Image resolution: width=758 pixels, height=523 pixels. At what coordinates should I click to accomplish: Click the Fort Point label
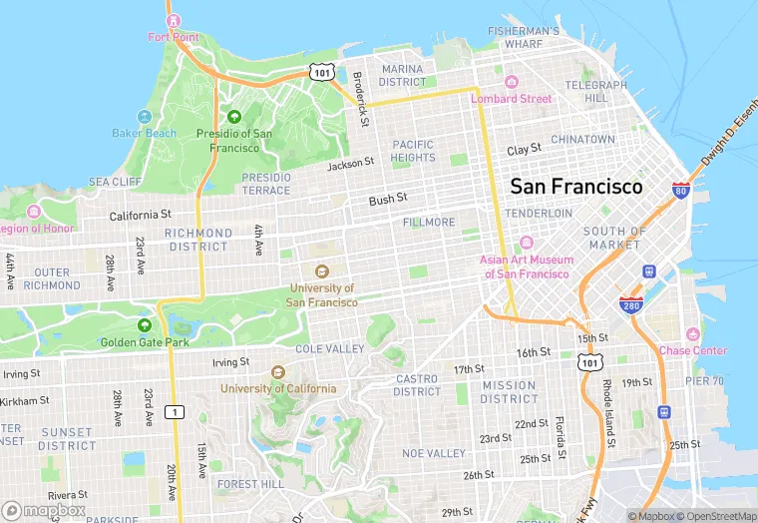pos(173,37)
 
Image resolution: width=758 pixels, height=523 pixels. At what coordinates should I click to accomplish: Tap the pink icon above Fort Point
pos(173,20)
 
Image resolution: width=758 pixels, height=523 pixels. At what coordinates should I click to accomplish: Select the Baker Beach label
pos(144,133)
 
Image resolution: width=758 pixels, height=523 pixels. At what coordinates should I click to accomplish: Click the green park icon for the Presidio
pos(234,117)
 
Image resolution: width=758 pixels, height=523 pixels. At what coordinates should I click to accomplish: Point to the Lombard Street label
pos(511,99)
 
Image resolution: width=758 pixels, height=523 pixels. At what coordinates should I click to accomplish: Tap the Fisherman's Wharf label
pos(523,37)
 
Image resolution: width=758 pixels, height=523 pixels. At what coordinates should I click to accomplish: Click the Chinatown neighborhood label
pos(583,139)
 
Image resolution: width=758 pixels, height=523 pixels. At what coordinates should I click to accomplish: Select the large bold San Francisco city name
pos(576,187)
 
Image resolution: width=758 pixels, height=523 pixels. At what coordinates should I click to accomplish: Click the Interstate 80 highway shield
pos(680,190)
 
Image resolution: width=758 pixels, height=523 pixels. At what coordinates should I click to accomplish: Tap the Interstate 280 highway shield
pos(629,305)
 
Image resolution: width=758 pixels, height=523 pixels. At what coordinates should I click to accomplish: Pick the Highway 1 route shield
pos(177,411)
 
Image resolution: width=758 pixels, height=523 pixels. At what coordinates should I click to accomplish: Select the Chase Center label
pos(693,350)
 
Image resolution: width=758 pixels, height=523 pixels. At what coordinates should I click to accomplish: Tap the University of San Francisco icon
pos(321,271)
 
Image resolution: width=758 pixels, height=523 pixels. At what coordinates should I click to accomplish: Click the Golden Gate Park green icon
pos(145,325)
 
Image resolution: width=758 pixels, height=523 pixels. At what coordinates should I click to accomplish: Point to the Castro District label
pos(418,385)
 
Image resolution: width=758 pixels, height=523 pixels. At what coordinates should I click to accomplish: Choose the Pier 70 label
pos(704,380)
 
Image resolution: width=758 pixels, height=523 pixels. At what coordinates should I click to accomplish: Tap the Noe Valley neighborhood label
pos(434,453)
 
